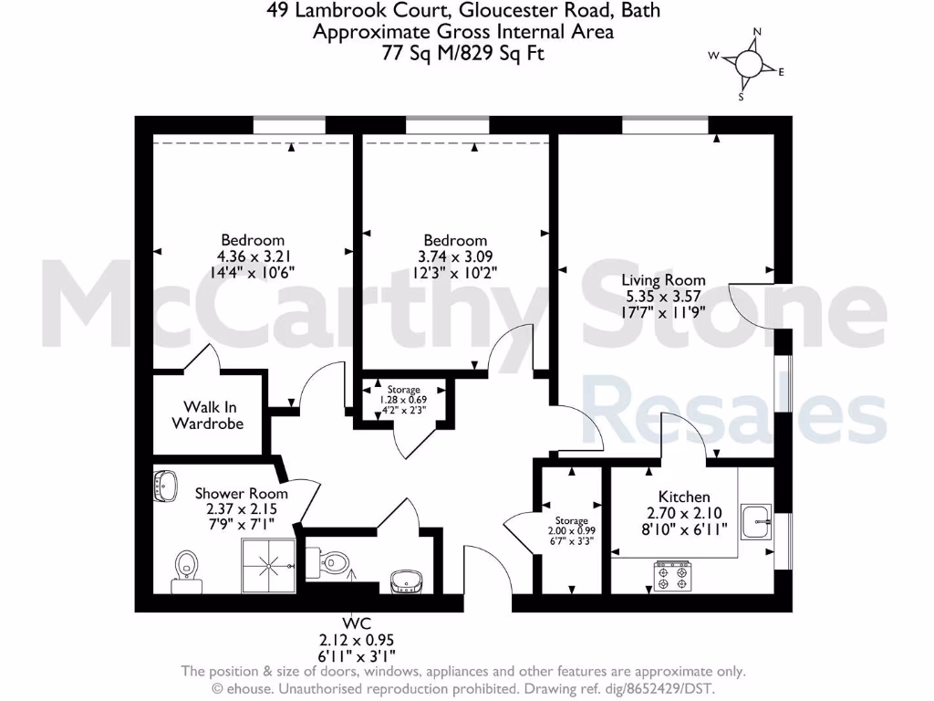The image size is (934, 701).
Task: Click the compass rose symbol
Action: coord(748,64)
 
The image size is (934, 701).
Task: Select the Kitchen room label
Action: coord(677,497)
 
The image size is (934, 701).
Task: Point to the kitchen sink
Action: coord(756,522)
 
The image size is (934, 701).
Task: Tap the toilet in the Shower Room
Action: coord(186,567)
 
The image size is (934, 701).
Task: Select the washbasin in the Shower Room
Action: coord(166,486)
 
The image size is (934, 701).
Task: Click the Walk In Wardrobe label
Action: coord(208,415)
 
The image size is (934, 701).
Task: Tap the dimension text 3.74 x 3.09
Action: coord(453,256)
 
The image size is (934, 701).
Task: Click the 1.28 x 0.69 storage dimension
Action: coord(402,400)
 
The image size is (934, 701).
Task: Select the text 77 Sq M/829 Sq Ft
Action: coord(462,53)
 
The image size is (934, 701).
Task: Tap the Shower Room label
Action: coord(235,494)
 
